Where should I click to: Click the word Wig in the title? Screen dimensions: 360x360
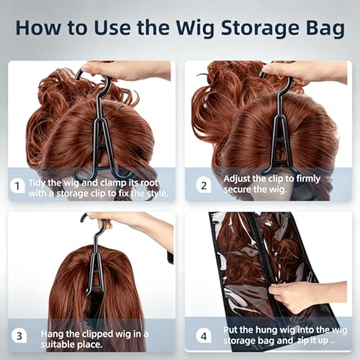pyautogui.click(x=194, y=28)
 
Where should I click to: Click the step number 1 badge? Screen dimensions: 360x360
pyautogui.click(x=17, y=186)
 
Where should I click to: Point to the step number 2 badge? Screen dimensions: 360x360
pyautogui.click(x=204, y=186)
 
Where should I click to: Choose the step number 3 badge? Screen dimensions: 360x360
pyautogui.click(x=19, y=336)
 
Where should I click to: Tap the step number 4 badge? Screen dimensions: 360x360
pyautogui.click(x=204, y=336)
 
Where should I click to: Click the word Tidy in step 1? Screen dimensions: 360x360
pyautogui.click(x=37, y=183)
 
